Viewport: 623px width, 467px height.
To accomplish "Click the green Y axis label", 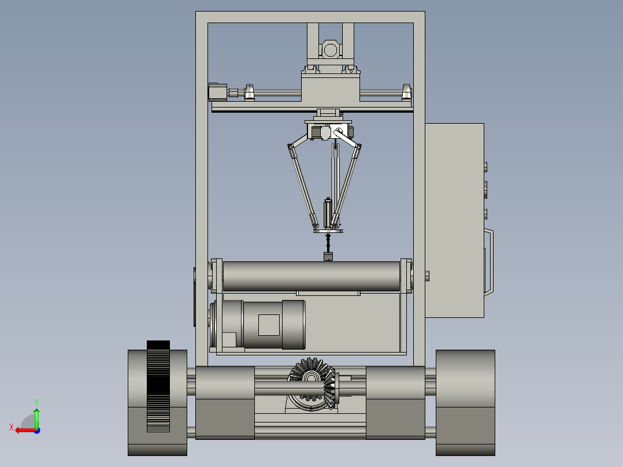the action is [x=36, y=402].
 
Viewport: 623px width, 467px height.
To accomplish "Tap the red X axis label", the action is [x=12, y=427].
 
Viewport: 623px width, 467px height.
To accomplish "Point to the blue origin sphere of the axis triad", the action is [x=38, y=431].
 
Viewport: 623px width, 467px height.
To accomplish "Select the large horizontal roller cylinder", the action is [x=311, y=276].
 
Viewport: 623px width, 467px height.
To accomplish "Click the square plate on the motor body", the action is [x=269, y=325].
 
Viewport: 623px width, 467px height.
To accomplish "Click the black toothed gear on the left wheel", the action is [x=158, y=386].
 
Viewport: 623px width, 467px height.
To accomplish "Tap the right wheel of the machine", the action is [x=465, y=403].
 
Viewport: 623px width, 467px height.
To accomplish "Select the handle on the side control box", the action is [x=489, y=262].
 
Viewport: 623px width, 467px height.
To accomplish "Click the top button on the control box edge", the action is [x=485, y=167].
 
